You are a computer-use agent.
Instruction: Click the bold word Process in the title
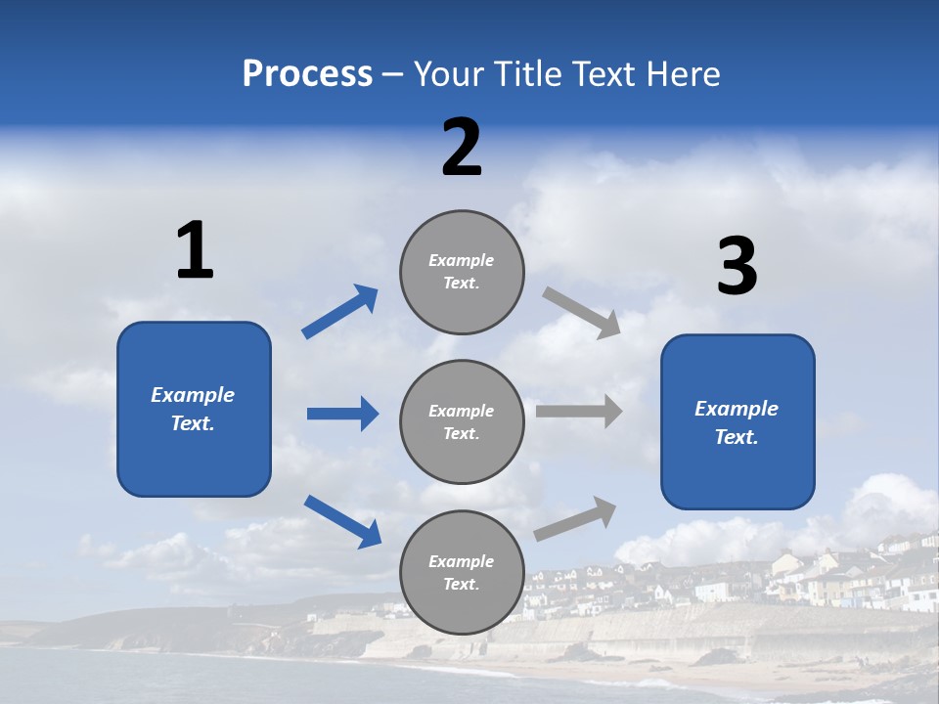307,74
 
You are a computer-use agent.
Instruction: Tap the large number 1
195,250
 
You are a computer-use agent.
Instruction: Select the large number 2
462,148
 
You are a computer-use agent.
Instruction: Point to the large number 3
737,267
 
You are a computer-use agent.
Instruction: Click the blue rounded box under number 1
194,409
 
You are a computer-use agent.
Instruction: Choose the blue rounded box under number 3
738,422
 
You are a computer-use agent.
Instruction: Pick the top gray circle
462,272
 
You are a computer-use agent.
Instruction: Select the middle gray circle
462,422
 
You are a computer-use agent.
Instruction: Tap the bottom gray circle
462,573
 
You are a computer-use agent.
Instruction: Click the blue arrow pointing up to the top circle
339,312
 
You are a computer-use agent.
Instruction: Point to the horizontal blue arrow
342,414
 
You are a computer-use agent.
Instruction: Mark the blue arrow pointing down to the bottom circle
342,521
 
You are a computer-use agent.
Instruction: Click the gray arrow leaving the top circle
582,313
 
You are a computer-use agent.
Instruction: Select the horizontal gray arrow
579,412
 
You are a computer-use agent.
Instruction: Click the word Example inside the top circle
461,261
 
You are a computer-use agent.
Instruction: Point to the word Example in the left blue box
193,395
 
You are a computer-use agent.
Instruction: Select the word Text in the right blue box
735,437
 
